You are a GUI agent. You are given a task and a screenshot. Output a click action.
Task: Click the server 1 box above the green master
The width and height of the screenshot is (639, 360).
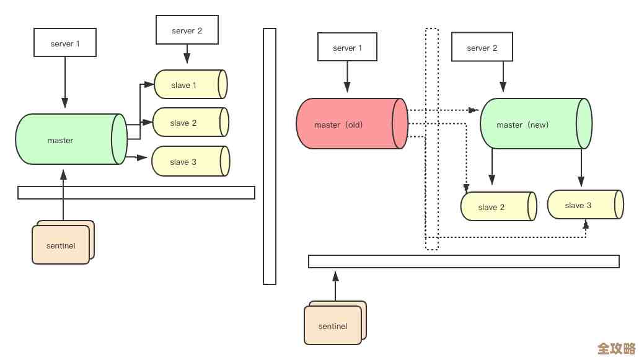(65, 43)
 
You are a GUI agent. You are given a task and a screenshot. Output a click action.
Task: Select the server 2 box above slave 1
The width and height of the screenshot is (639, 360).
(187, 30)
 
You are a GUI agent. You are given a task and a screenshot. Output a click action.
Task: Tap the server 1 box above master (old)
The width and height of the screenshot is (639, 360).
(347, 47)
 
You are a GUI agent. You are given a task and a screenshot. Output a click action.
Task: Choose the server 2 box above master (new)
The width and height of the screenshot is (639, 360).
(482, 47)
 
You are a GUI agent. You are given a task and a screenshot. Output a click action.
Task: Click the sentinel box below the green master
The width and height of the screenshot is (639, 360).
(61, 245)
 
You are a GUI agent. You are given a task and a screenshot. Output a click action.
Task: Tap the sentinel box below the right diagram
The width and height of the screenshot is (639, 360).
(333, 325)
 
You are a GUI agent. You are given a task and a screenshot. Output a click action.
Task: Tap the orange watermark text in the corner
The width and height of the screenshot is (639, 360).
(616, 348)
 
